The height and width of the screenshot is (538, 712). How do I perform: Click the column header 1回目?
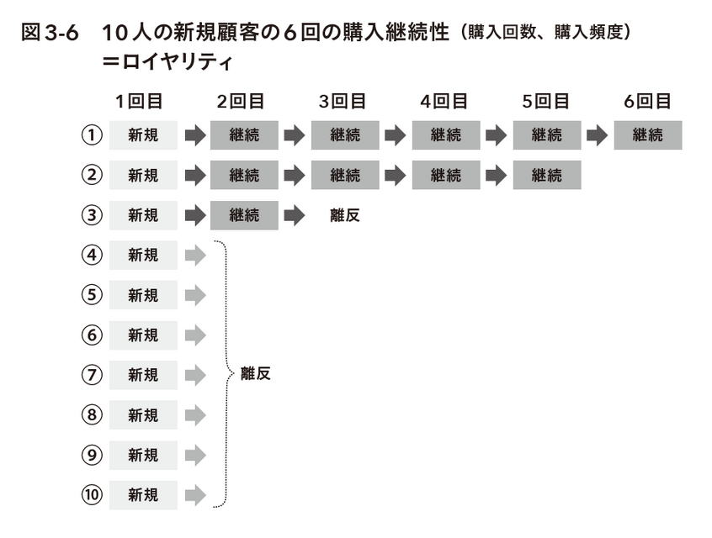[139, 101]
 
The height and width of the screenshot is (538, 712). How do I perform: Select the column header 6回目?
[647, 101]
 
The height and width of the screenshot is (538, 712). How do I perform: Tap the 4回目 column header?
[444, 101]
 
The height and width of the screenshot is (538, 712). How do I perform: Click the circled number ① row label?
[92, 135]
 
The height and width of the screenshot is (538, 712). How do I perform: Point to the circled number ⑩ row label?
[92, 494]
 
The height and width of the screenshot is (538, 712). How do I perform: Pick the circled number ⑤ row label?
[92, 295]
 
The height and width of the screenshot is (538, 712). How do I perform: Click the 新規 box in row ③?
[143, 215]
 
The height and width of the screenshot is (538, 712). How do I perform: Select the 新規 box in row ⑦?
[143, 375]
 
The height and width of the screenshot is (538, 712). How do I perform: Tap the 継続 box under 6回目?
[648, 135]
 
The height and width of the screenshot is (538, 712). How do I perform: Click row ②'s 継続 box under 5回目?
[547, 175]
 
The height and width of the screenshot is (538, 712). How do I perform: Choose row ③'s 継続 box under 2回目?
[244, 215]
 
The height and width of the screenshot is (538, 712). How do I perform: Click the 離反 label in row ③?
[345, 215]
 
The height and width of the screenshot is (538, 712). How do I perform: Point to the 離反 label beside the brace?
[256, 374]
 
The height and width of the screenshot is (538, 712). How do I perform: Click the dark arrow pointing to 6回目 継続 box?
[597, 135]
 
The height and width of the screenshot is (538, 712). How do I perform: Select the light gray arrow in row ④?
[196, 255]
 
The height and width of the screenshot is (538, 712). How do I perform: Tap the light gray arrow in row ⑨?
[196, 455]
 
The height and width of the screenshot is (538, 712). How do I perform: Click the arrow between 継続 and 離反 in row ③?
[295, 215]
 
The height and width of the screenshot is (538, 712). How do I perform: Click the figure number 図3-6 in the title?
[50, 33]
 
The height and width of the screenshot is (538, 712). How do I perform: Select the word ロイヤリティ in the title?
[178, 61]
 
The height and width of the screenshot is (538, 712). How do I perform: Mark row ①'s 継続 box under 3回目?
[345, 135]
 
